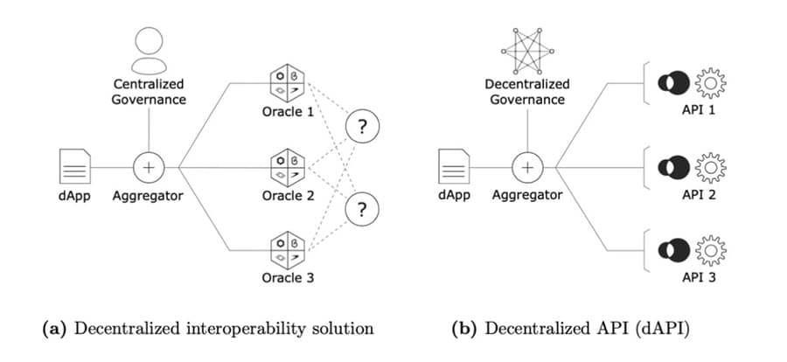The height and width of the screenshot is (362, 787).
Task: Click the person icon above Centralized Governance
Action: (x=150, y=50)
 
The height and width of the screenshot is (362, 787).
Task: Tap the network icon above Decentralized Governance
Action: (x=528, y=49)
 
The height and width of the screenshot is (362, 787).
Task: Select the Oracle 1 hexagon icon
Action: (x=286, y=83)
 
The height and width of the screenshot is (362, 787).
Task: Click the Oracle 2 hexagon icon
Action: (x=286, y=166)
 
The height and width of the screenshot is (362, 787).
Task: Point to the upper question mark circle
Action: (x=364, y=128)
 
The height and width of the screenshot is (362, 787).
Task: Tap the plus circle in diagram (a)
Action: (x=149, y=166)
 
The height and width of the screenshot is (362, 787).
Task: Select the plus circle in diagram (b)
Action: (x=528, y=166)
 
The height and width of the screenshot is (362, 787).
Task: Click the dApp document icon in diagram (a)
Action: (x=74, y=166)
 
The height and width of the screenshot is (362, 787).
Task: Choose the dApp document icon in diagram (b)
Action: (x=454, y=166)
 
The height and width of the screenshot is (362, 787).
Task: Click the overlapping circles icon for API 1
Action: (x=676, y=83)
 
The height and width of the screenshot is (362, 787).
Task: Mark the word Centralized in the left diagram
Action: (x=149, y=84)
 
